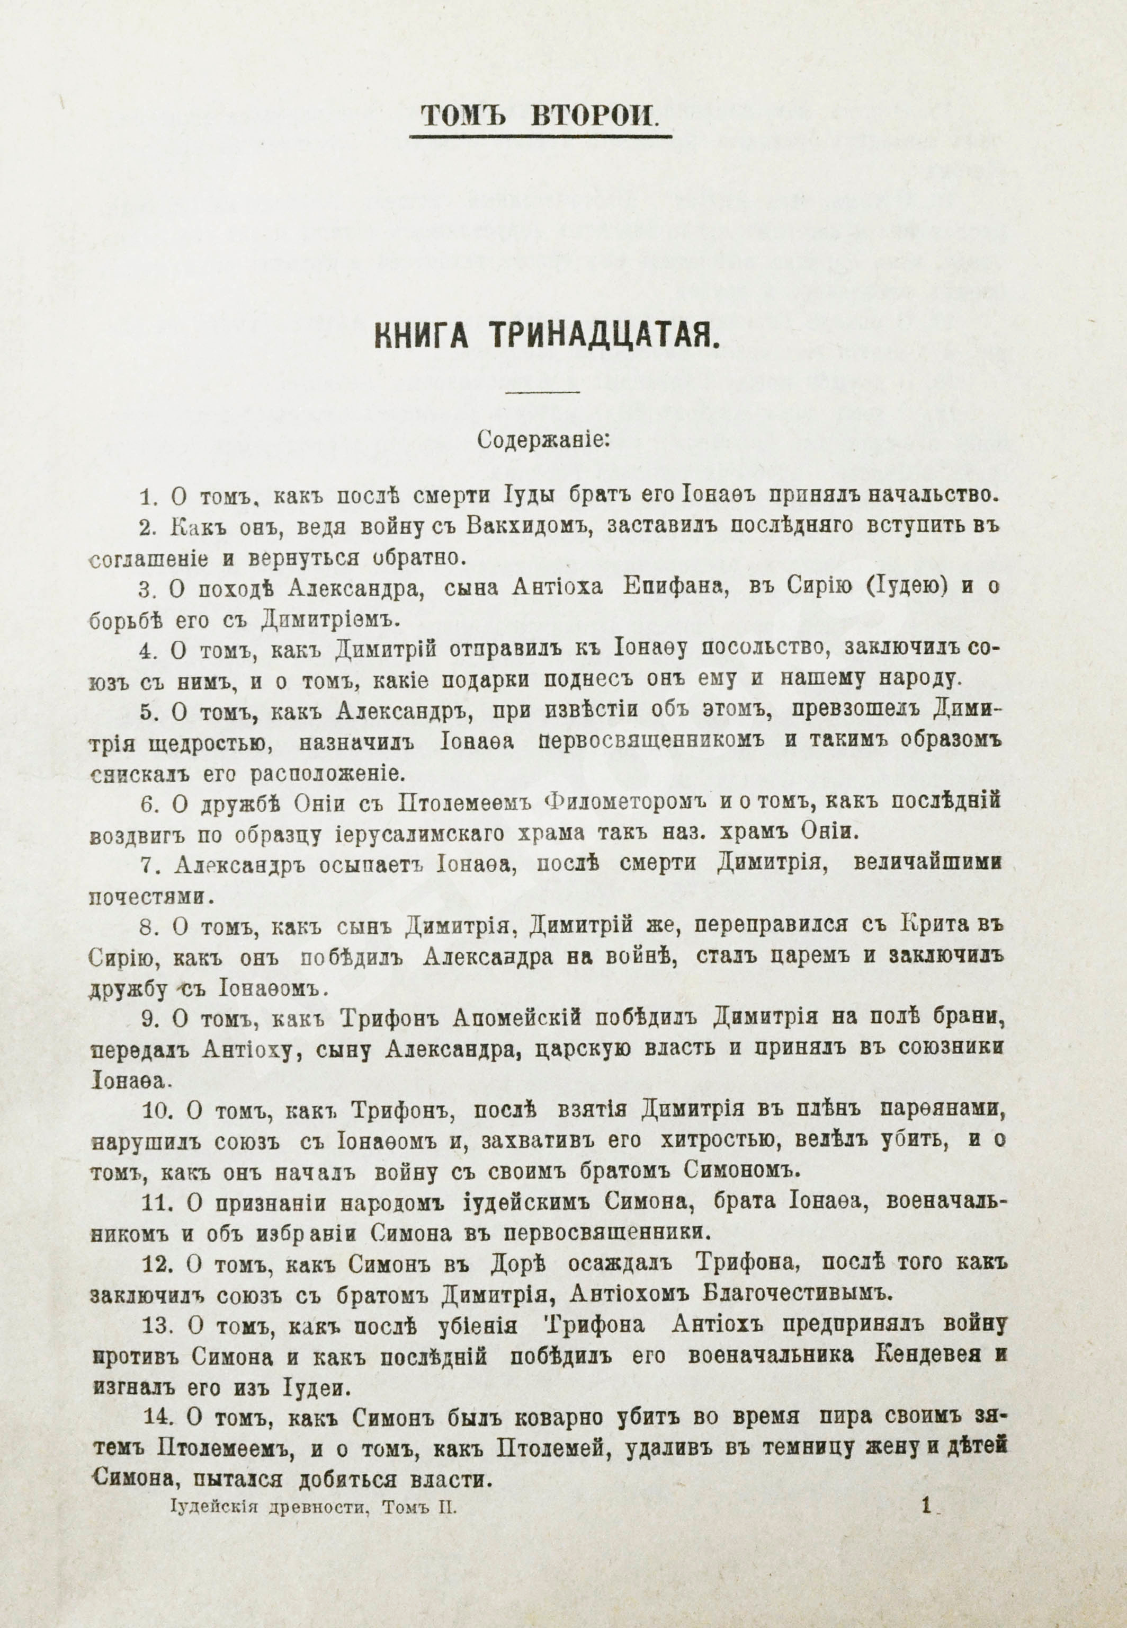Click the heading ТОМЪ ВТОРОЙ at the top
point(540,114)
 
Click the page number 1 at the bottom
point(927,1600)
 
